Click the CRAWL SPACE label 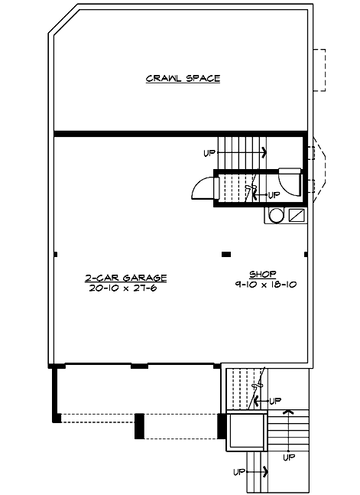click(x=183, y=78)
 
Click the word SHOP click(x=262, y=274)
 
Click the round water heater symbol click(x=276, y=216)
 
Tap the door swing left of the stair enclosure click(x=202, y=188)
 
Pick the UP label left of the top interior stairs click(x=209, y=153)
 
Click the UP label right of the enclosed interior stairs click(x=274, y=195)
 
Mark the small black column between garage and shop click(x=225, y=254)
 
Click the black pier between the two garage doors click(x=139, y=425)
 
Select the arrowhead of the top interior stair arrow click(x=264, y=152)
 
